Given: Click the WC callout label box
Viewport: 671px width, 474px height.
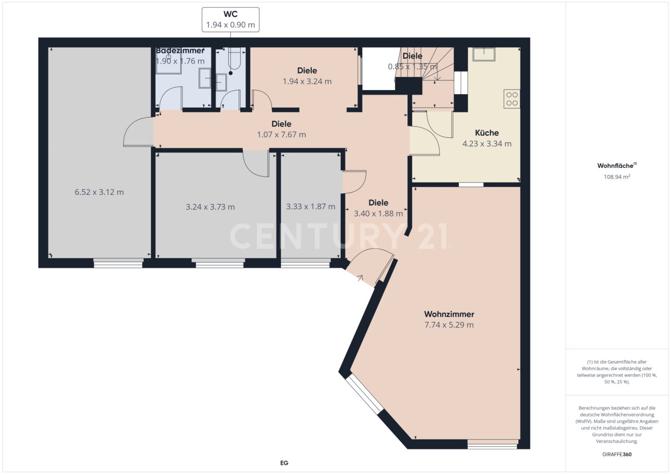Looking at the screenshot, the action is pyautogui.click(x=230, y=20).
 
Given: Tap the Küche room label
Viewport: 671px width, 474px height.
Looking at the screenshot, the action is pyautogui.click(x=487, y=133).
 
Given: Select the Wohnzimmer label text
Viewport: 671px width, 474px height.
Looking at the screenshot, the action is pyautogui.click(x=449, y=314).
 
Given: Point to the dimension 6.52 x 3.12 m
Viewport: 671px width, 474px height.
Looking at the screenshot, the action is pyautogui.click(x=99, y=192).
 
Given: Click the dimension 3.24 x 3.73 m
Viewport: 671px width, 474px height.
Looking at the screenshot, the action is pyautogui.click(x=210, y=207).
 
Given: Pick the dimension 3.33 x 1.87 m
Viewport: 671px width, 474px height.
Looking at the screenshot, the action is pyautogui.click(x=311, y=207).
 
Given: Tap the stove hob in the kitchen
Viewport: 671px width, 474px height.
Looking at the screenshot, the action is pyautogui.click(x=512, y=99).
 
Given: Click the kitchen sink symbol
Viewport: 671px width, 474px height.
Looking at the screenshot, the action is pyautogui.click(x=484, y=54).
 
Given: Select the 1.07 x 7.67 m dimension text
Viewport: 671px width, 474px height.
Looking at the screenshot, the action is pyautogui.click(x=281, y=135).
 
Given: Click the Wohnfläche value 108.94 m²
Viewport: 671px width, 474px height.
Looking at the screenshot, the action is pyautogui.click(x=617, y=177).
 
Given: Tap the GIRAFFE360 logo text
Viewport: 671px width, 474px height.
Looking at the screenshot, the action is pyautogui.click(x=617, y=454).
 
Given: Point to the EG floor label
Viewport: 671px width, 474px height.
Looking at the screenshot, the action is pyautogui.click(x=284, y=463).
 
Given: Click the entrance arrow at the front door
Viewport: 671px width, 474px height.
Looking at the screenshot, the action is pyautogui.click(x=360, y=278).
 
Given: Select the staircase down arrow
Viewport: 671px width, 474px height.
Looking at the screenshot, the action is pyautogui.click(x=437, y=73).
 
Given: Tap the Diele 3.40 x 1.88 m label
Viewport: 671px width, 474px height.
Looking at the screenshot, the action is pyautogui.click(x=378, y=208).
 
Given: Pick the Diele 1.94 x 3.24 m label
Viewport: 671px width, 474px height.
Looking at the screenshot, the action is pyautogui.click(x=308, y=76).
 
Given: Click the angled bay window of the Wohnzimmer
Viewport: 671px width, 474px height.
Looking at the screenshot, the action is pyautogui.click(x=364, y=395).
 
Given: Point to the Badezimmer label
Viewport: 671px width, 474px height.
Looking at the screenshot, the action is pyautogui.click(x=180, y=51).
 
